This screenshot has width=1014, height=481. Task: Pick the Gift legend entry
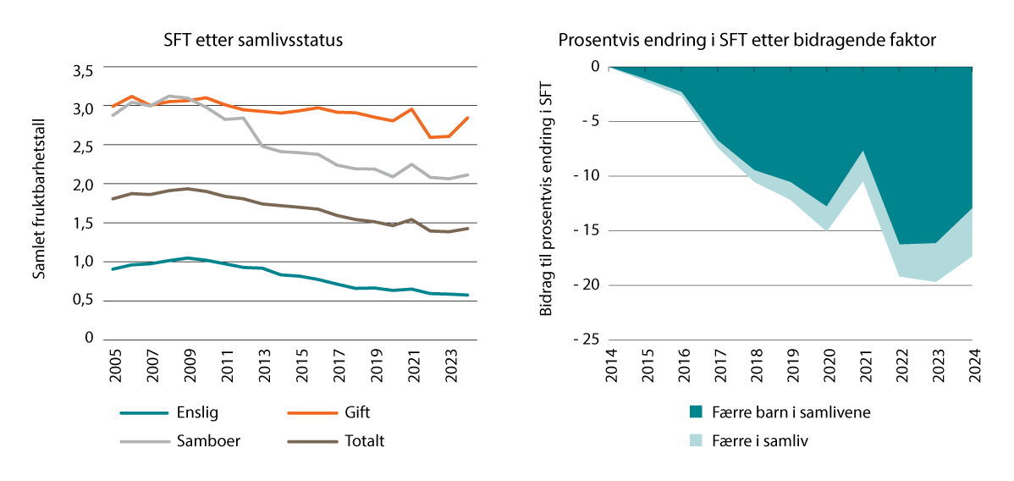pyautogui.click(x=357, y=412)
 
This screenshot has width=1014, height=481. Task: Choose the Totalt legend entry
pyautogui.click(x=365, y=440)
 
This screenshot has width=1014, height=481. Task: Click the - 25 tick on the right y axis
pyautogui.click(x=584, y=340)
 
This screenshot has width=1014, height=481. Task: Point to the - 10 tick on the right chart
pyautogui.click(x=584, y=176)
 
